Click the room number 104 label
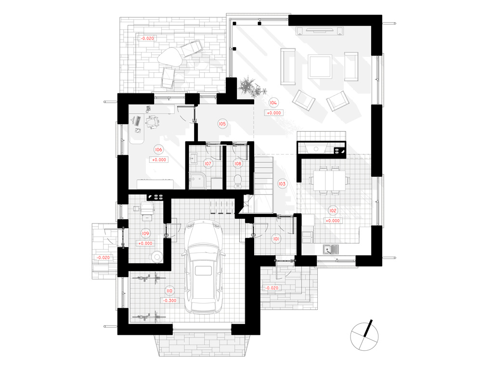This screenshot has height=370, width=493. [273, 103]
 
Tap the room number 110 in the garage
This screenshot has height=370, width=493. [169, 291]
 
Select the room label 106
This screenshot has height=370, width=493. [158, 149]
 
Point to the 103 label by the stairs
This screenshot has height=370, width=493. [282, 184]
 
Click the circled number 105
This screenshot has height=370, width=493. [222, 124]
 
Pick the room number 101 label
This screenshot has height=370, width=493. [276, 239]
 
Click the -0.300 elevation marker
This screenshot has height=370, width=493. [170, 301]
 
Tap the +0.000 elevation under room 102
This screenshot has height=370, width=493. [333, 221]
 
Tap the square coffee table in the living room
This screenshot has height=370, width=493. [320, 66]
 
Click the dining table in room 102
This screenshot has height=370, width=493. [329, 181]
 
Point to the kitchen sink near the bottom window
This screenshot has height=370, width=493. [331, 249]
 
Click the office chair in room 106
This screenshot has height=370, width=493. [153, 122]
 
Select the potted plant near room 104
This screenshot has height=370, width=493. [251, 87]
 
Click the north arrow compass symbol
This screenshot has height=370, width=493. [364, 336]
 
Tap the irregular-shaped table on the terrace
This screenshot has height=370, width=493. [170, 56]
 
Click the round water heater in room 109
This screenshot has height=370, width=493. [156, 256]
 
